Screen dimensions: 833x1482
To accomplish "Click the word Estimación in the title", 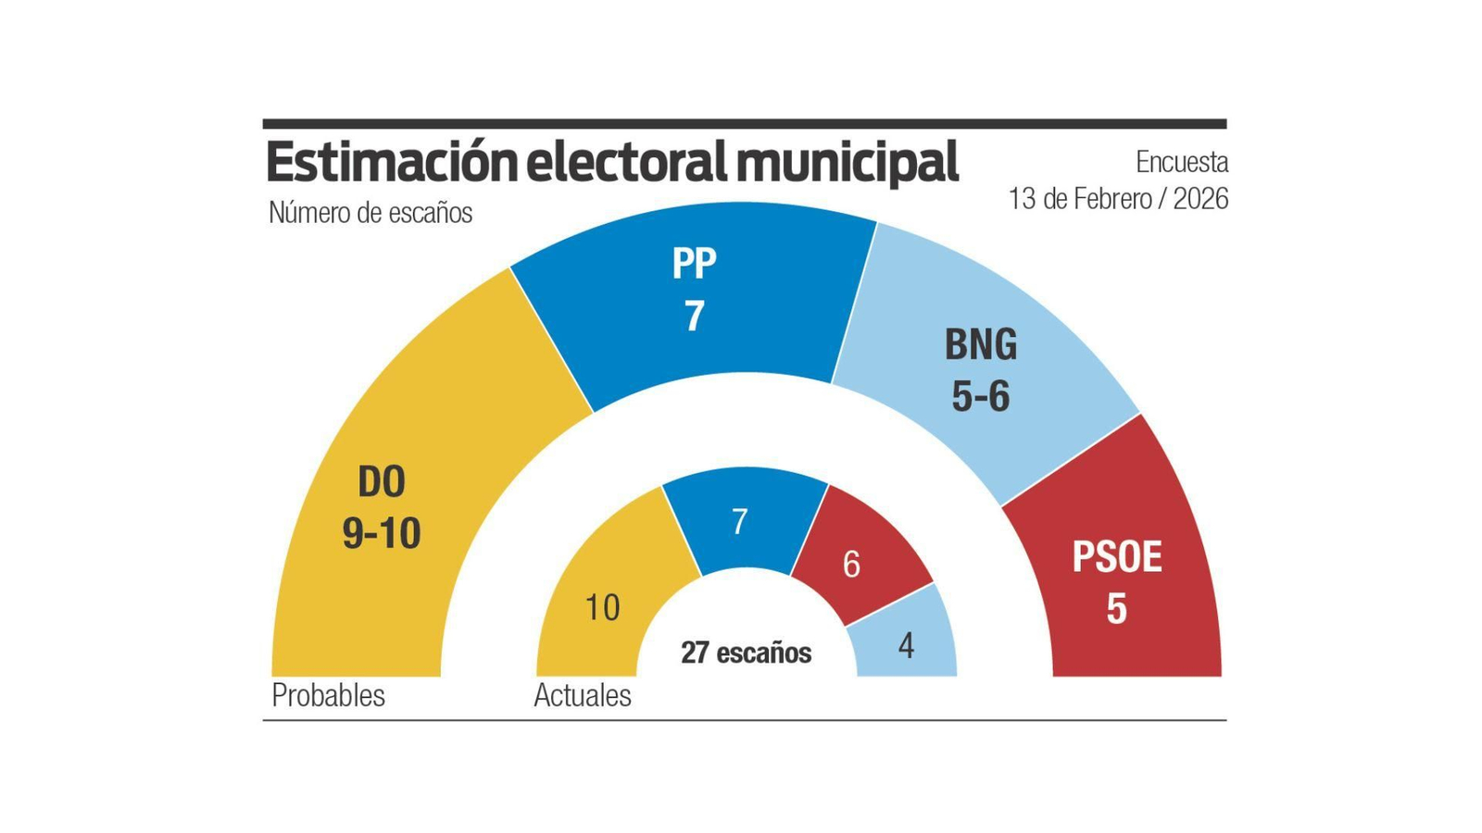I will pyautogui.click(x=392, y=163).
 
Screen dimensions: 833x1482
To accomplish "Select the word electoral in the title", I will pyautogui.click(x=627, y=163).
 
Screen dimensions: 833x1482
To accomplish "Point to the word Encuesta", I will pyautogui.click(x=1182, y=162).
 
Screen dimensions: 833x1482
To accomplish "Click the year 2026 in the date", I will pyautogui.click(x=1200, y=199).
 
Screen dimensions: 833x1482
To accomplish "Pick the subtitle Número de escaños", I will pyautogui.click(x=370, y=213).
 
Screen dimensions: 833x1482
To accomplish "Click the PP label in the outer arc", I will pyautogui.click(x=694, y=264).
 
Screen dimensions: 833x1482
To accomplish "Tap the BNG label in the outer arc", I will pyautogui.click(x=980, y=344).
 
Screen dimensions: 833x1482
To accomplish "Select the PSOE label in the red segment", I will pyautogui.click(x=1116, y=557).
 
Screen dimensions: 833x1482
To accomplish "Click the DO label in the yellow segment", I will pyautogui.click(x=382, y=482).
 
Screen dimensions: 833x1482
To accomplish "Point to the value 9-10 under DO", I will pyautogui.click(x=382, y=533).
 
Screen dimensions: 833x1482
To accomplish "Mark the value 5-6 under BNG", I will pyautogui.click(x=980, y=396).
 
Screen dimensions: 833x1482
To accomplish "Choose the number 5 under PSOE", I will pyautogui.click(x=1116, y=609).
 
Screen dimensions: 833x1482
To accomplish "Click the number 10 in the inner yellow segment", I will pyautogui.click(x=602, y=608).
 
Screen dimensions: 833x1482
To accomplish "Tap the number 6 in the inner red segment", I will pyautogui.click(x=851, y=564).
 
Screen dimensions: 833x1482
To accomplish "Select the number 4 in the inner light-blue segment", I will pyautogui.click(x=906, y=646).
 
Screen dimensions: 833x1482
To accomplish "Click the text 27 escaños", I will pyautogui.click(x=746, y=653).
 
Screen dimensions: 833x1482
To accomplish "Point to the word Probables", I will pyautogui.click(x=328, y=695).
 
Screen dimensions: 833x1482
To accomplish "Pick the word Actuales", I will pyautogui.click(x=583, y=695).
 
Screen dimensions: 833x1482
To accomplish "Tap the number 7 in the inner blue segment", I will pyautogui.click(x=739, y=522).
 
